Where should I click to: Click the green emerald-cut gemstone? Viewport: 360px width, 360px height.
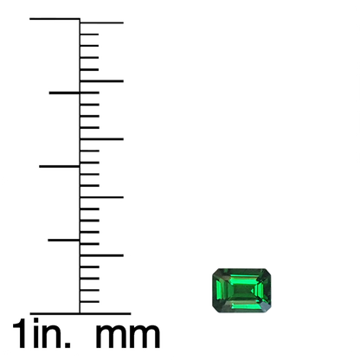241,290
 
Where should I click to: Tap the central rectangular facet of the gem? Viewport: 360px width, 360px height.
242,290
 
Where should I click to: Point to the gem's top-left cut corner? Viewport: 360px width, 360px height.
215,271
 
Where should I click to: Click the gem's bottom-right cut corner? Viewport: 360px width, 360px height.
268,310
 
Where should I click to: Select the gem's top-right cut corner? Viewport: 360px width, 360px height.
268,271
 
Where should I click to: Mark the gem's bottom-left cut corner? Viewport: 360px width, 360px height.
215,310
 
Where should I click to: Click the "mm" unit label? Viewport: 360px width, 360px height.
127,336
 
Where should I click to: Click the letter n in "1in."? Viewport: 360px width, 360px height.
51,336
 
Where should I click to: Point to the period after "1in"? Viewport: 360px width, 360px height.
67,344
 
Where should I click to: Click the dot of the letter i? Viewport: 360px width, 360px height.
35,320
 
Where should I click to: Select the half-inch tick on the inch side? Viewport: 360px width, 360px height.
60,166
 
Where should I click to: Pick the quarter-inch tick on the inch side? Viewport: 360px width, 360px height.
64,240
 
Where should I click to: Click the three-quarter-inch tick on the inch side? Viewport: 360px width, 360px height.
65,93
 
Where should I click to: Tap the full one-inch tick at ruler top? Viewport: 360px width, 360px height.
55,19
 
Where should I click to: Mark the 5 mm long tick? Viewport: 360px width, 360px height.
101,255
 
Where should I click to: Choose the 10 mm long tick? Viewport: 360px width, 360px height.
101,197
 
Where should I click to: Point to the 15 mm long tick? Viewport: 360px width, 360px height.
101,139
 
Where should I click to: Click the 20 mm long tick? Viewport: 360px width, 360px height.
101,81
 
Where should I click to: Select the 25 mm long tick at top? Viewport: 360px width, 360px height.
101,22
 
